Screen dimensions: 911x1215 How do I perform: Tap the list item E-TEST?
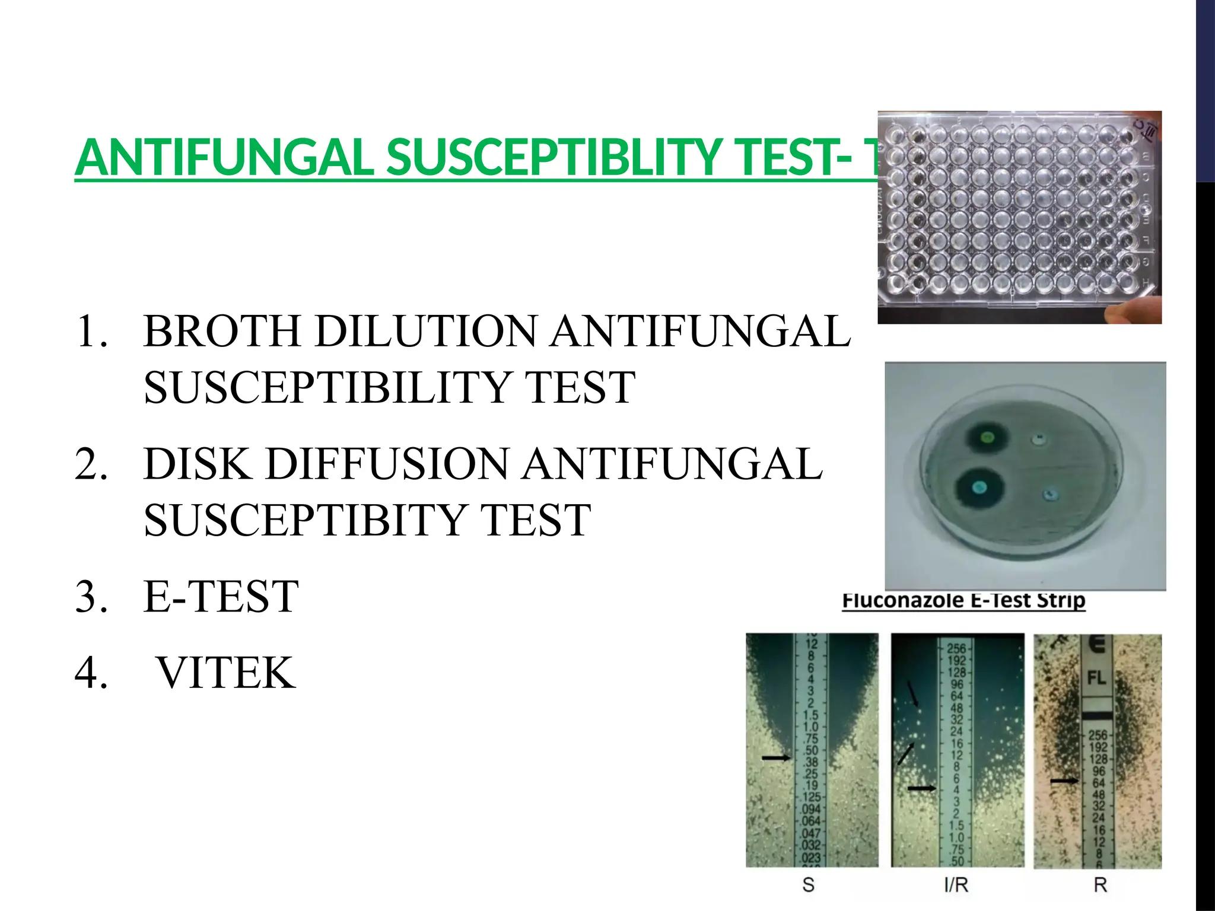click(x=221, y=597)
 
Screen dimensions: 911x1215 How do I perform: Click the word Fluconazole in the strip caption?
click(x=903, y=600)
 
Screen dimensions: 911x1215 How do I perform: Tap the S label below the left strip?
click(x=808, y=885)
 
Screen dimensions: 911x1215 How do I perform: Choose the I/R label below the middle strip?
click(x=956, y=885)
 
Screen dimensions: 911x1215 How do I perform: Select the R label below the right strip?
click(x=1100, y=885)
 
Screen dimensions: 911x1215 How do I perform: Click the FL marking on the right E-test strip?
click(x=1096, y=677)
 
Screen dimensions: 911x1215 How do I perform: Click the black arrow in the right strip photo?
click(x=1064, y=781)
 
